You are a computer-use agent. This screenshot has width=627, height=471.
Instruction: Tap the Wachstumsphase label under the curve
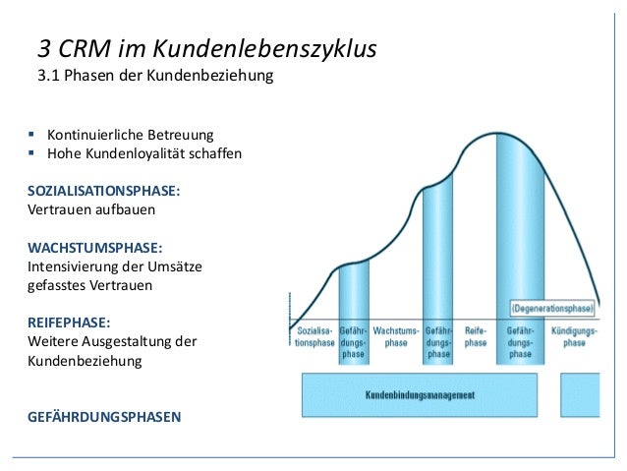396,337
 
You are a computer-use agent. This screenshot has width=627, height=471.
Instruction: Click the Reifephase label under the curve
476,337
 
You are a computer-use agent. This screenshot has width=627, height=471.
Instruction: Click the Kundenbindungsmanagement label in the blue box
420,395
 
